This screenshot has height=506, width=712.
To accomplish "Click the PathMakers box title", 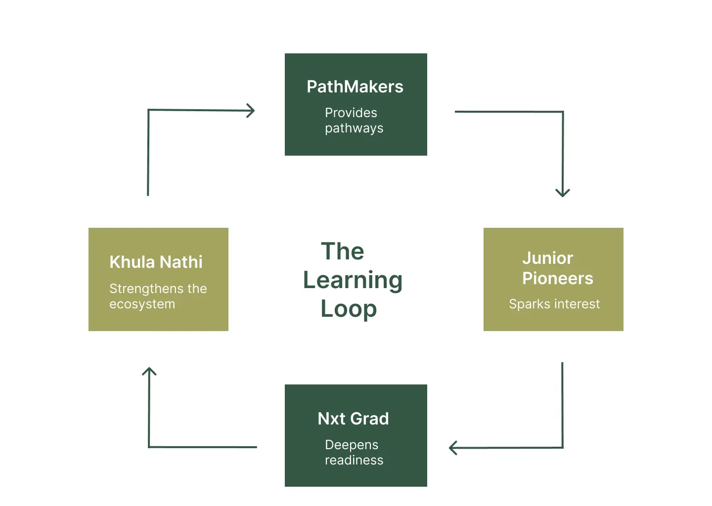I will [355, 87].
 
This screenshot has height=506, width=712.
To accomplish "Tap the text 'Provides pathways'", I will [354, 120].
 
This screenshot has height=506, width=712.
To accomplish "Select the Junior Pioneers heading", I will [557, 268].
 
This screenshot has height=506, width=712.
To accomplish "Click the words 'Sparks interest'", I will [554, 304].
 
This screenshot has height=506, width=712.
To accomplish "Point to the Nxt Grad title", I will [353, 419].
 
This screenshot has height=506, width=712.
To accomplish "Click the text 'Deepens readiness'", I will [354, 452].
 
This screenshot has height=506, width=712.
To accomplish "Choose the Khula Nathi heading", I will [156, 262].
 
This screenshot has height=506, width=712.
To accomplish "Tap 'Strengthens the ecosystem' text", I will [158, 296].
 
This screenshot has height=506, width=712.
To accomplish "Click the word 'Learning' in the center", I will [353, 280].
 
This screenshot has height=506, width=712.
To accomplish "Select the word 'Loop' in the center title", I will [349, 309].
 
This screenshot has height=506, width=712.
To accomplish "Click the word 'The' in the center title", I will [342, 252].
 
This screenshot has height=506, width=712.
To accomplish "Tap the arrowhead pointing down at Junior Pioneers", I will [563, 193].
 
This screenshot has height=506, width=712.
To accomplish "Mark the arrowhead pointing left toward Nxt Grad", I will [452, 448].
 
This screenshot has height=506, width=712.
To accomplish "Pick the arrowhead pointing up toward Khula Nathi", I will [149, 371].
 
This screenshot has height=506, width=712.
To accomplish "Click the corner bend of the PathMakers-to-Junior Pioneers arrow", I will [563, 112].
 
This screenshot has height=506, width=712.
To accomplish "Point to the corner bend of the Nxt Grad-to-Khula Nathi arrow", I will [149, 447].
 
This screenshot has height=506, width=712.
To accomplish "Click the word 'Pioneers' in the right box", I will [557, 278].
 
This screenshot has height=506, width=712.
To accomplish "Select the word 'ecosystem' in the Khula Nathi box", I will [142, 304].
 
